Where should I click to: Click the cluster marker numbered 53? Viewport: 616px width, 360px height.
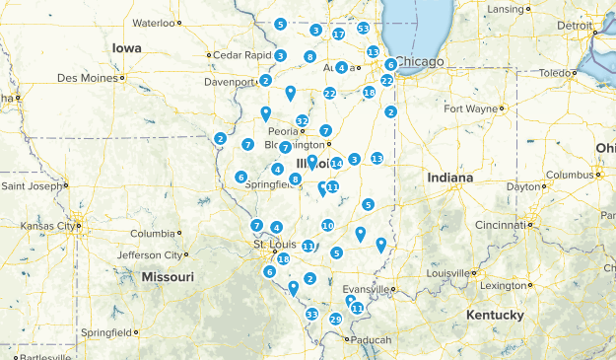coord(363,29)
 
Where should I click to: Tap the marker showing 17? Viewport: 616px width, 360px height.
coord(338,35)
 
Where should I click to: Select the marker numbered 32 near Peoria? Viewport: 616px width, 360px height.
coord(303,121)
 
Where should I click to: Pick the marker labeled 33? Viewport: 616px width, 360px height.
coord(311,315)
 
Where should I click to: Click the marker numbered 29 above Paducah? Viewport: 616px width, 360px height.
coord(336,319)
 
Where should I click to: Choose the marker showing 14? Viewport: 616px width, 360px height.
coord(336,163)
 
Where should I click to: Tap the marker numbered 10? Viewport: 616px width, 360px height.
coord(327,226)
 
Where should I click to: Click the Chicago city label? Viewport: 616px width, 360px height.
coord(421,61)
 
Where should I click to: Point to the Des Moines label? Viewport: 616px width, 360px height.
coord(87,77)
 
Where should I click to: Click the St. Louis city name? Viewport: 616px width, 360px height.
coord(273,244)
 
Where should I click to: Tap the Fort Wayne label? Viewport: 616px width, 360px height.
coord(471,108)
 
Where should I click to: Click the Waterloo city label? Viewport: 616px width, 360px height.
coord(153,22)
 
